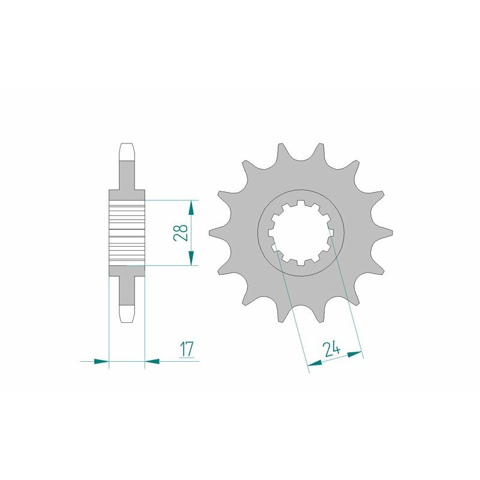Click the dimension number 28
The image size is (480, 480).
(179, 232)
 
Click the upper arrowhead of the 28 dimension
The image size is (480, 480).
(191, 208)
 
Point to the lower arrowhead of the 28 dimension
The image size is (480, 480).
(191, 258)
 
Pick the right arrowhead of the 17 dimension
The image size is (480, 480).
(152, 361)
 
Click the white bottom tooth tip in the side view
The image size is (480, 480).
(127, 313)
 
